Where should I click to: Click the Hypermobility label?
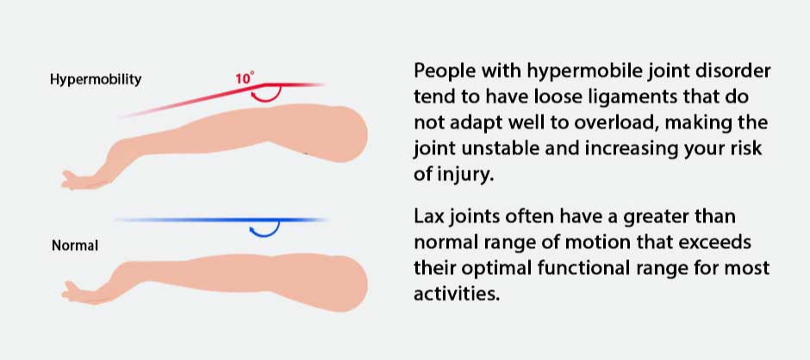coord(96,80)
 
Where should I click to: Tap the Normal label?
coord(75,245)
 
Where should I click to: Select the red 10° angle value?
coord(246,78)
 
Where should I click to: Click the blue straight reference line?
coord(221,220)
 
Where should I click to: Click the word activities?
coord(458,294)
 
